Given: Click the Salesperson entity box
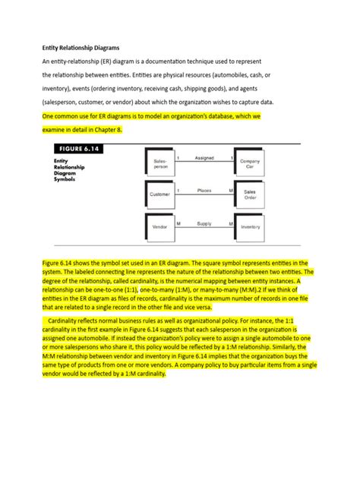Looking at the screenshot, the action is pyautogui.click(x=160, y=163).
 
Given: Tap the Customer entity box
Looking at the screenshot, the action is pyautogui.click(x=159, y=194).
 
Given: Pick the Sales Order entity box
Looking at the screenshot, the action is pyautogui.click(x=251, y=194).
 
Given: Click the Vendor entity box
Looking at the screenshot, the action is pyautogui.click(x=159, y=227).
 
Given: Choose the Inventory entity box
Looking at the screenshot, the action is pyautogui.click(x=251, y=227).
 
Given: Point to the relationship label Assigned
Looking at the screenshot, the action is pyautogui.click(x=204, y=158).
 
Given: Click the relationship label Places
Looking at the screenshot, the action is pyautogui.click(x=204, y=190).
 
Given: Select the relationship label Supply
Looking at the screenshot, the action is pyautogui.click(x=204, y=223).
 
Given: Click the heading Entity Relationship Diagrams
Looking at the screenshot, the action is pyautogui.click(x=81, y=46).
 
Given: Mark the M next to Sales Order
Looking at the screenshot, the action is pyautogui.click(x=230, y=191).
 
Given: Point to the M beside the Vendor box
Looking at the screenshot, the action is pyautogui.click(x=178, y=223).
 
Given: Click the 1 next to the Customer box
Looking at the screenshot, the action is pyautogui.click(x=178, y=191).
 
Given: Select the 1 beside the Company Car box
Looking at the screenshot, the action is pyautogui.click(x=232, y=158).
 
